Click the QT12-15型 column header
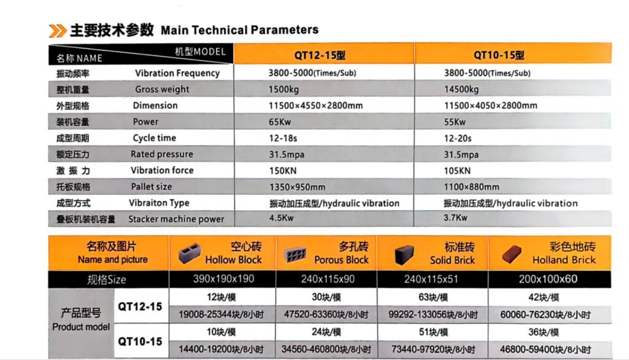click(319, 55)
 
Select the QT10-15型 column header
click(499, 55)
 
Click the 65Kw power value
click(279, 122)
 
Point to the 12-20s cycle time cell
click(457, 138)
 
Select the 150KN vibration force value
click(282, 171)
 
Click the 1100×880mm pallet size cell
click(471, 187)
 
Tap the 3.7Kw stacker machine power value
click(455, 217)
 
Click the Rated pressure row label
click(162, 154)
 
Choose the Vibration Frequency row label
click(177, 73)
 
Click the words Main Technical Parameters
click(240, 29)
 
